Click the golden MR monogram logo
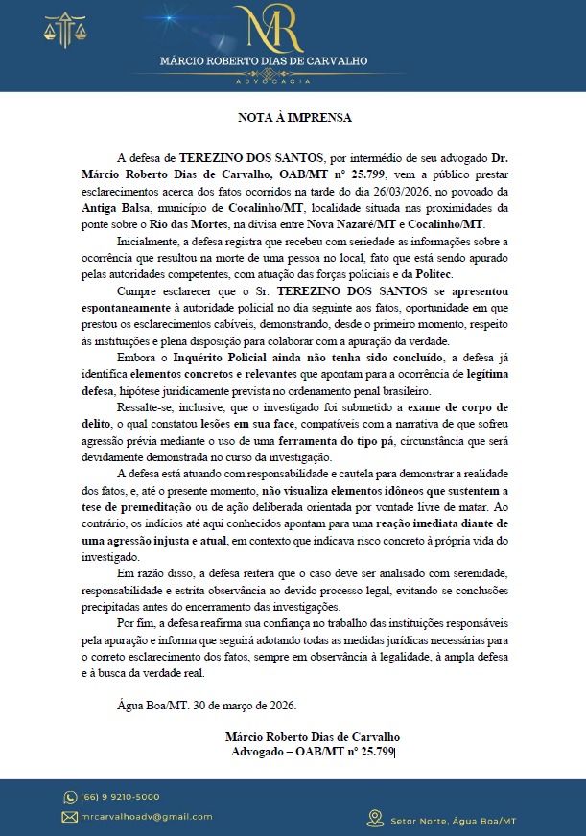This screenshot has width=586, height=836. [x=273, y=32]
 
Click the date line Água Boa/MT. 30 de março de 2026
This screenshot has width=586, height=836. [x=206, y=706]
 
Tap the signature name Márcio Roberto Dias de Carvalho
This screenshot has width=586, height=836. [x=313, y=736]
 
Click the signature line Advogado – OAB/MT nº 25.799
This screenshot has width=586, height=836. [x=313, y=751]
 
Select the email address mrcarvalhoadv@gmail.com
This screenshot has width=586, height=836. [x=147, y=817]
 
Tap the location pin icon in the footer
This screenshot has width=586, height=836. [x=375, y=818]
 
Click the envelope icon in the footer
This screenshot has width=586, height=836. [x=70, y=817]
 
